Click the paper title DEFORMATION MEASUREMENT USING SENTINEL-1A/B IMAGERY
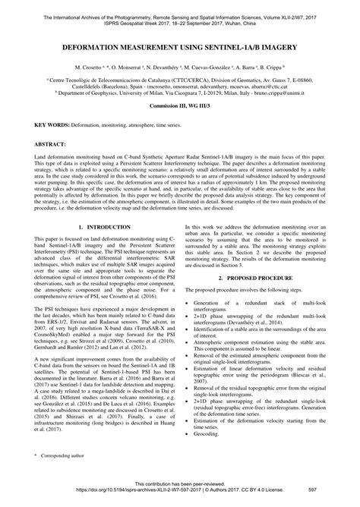tap(180, 46)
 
